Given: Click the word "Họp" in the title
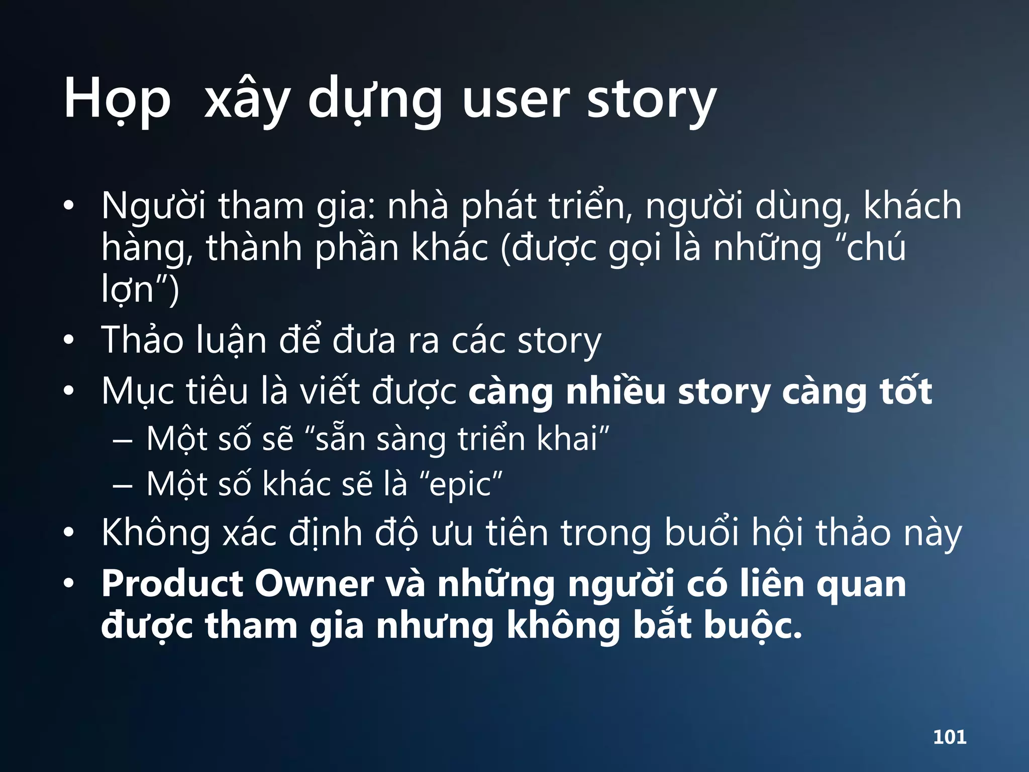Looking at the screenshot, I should (117, 100).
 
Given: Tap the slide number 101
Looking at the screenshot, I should (950, 737).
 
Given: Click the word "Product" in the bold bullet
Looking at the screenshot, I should (172, 584).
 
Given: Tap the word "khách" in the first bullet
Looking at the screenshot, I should (912, 206).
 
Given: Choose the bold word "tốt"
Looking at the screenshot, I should (905, 391).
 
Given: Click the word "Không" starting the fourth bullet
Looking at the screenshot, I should (156, 533).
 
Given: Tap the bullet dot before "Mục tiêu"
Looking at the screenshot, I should (69, 392).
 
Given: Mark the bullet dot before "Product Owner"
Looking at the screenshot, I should (69, 584).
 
